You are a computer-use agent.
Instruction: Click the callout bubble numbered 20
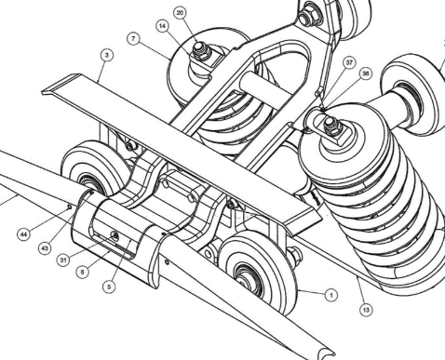pyautogui.click(x=180, y=13)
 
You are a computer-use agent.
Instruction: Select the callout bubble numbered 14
pyautogui.click(x=163, y=26)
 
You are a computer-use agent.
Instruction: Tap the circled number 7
pyautogui.click(x=133, y=39)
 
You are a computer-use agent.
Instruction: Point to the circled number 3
pyautogui.click(x=107, y=55)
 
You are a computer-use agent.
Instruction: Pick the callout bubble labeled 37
pyautogui.click(x=349, y=62)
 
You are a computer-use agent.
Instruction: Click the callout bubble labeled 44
pyautogui.click(x=23, y=234)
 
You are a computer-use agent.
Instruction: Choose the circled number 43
pyautogui.click(x=45, y=248)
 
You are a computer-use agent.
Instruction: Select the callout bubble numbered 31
pyautogui.click(x=63, y=260)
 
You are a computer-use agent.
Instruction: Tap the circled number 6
pyautogui.click(x=82, y=272)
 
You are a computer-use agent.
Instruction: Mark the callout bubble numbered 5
pyautogui.click(x=109, y=287)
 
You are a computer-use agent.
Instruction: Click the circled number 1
pyautogui.click(x=331, y=295)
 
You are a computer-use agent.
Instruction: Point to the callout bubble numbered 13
pyautogui.click(x=366, y=310)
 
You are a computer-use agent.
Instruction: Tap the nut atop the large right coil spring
pyautogui.click(x=332, y=127)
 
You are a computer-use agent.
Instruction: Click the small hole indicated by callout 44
pyautogui.click(x=70, y=207)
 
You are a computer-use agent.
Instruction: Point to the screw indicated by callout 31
pyautogui.click(x=115, y=236)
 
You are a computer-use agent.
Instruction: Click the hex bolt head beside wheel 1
pyautogui.click(x=295, y=255)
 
